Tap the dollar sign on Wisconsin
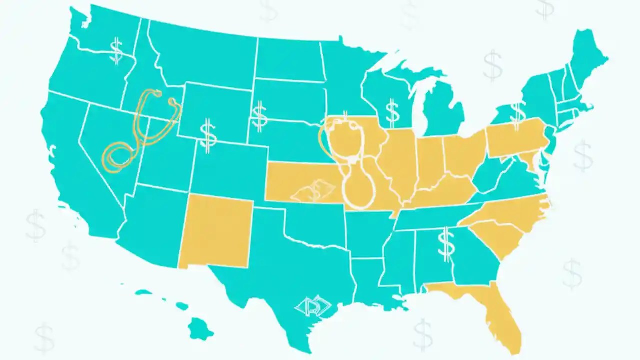coord(393,112)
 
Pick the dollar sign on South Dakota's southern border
coord(259,116)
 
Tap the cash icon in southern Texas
coord(313,307)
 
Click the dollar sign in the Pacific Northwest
coord(116,51)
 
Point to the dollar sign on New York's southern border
coord(517,114)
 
